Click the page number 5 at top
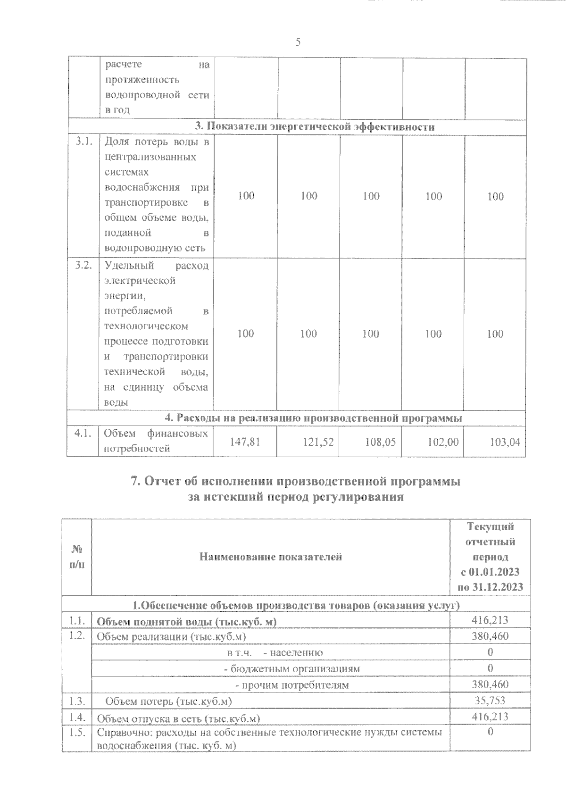(x=298, y=42)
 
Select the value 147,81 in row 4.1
(x=245, y=442)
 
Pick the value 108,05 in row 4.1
(x=381, y=442)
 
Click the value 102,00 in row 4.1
(x=443, y=442)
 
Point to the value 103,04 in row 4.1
(x=505, y=442)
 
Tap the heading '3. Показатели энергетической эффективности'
(x=315, y=127)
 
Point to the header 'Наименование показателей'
(x=270, y=557)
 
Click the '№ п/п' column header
(x=77, y=557)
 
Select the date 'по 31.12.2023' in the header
(x=490, y=587)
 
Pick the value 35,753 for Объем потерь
(x=490, y=701)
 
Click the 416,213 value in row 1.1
(x=490, y=620)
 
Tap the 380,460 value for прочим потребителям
(x=490, y=684)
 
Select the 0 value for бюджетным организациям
(x=490, y=668)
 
